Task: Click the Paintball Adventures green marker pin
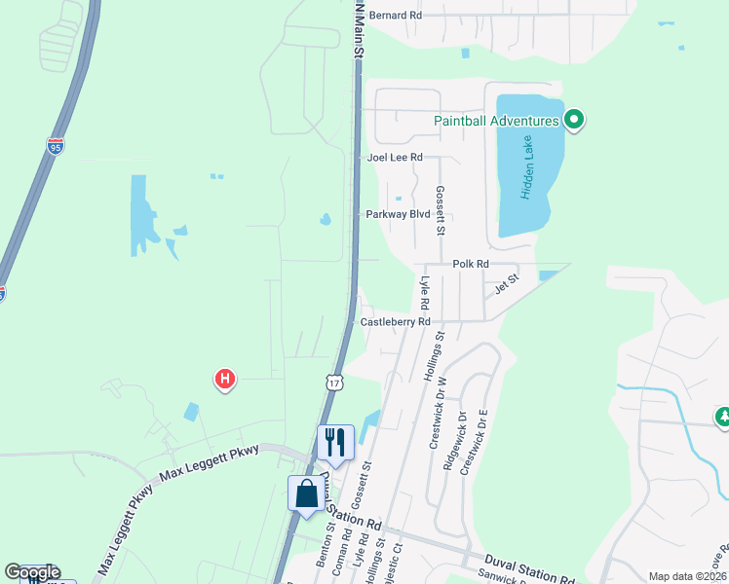pyautogui.click(x=574, y=121)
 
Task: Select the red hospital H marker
pyautogui.click(x=225, y=379)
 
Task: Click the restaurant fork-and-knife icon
pyautogui.click(x=335, y=442)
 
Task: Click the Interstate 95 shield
pyautogui.click(x=55, y=147)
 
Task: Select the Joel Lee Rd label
pyautogui.click(x=395, y=157)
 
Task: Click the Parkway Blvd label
pyautogui.click(x=398, y=214)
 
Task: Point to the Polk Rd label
pyautogui.click(x=470, y=264)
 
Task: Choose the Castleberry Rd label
pyautogui.click(x=395, y=321)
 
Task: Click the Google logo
pyautogui.click(x=32, y=572)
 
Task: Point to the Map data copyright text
pyautogui.click(x=686, y=576)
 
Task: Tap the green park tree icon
pyautogui.click(x=722, y=417)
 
